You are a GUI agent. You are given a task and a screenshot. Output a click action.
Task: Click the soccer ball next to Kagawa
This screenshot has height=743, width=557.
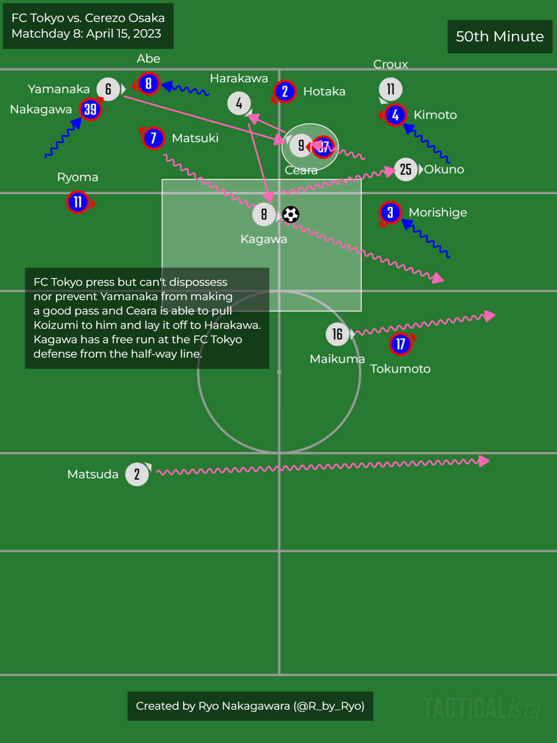(x=291, y=214)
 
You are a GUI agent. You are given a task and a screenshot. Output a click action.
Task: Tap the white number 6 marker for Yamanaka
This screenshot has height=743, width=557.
(x=108, y=89)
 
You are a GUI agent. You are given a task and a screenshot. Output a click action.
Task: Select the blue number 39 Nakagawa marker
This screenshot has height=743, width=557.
(x=90, y=110)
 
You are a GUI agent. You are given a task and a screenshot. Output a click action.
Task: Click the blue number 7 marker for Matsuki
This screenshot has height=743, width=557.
(x=153, y=138)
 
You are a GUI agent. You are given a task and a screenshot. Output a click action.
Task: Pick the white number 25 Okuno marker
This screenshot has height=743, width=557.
(x=406, y=170)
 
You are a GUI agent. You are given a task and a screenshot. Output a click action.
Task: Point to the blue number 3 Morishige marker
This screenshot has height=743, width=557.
(x=390, y=212)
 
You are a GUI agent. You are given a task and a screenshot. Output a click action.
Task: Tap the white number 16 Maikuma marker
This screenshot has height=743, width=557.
(x=337, y=334)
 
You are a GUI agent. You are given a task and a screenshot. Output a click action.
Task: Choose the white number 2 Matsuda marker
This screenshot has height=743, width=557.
(x=137, y=475)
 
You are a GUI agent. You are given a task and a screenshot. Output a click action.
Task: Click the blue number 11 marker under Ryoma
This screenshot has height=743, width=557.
(x=78, y=202)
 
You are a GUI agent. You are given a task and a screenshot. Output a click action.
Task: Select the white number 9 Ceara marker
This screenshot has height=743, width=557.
(x=300, y=146)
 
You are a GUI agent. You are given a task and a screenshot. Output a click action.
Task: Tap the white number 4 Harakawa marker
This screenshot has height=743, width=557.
(x=239, y=103)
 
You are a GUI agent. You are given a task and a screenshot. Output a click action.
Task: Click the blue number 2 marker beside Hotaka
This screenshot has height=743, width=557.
(x=285, y=91)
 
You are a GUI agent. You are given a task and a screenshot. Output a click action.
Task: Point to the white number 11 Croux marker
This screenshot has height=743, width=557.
(x=390, y=89)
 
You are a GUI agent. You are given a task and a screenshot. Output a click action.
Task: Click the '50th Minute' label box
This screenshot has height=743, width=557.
(x=500, y=37)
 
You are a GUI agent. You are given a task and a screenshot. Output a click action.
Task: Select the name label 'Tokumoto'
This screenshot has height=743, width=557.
(x=400, y=369)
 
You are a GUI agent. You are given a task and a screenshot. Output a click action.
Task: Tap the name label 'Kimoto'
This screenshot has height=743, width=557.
(x=435, y=115)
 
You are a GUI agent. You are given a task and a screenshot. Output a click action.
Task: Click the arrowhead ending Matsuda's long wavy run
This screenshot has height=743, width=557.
(x=484, y=461)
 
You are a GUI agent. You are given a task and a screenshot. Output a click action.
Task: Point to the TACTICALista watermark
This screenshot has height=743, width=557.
(x=481, y=708)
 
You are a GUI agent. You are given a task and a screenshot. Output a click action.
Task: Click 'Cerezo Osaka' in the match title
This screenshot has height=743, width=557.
(x=125, y=18)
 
